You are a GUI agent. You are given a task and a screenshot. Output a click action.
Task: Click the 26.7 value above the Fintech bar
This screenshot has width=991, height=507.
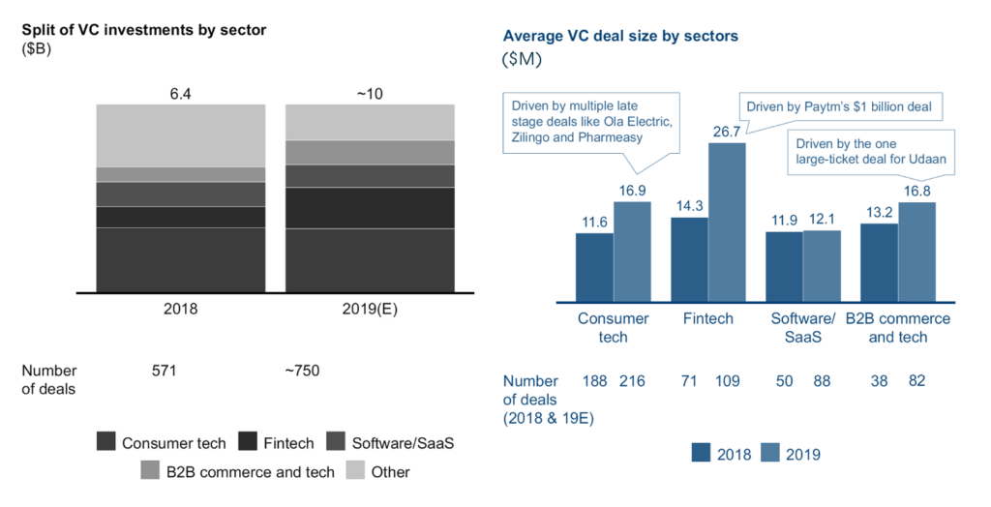pyautogui.click(x=726, y=131)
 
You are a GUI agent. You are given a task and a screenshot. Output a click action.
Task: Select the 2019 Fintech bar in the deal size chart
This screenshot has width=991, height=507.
pyautogui.click(x=727, y=222)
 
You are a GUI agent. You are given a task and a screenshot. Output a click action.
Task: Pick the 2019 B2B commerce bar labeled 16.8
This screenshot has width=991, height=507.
pyautogui.click(x=916, y=251)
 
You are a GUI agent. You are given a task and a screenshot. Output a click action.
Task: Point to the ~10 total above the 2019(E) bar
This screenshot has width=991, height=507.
pyautogui.click(x=369, y=94)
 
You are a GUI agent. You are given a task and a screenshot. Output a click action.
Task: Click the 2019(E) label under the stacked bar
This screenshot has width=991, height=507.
pyautogui.click(x=369, y=311)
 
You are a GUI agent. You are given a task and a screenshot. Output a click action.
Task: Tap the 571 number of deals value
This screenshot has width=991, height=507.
pyautogui.click(x=166, y=371)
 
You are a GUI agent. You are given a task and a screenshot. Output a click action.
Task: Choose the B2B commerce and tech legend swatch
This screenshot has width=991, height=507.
pyautogui.click(x=151, y=472)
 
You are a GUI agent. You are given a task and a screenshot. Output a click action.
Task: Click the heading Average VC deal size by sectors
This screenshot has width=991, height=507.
pyautogui.click(x=620, y=37)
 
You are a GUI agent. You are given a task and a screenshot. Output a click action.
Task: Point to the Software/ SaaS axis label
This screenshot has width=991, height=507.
pyautogui.click(x=802, y=327)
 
